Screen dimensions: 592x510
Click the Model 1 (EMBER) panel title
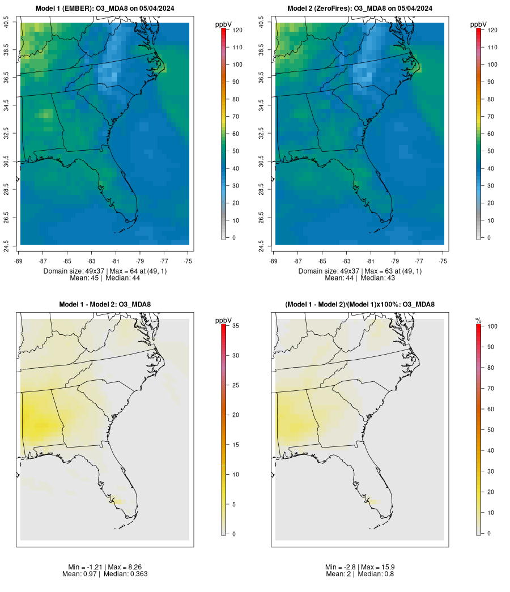(105, 8)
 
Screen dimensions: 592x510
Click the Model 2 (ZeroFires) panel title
(360, 8)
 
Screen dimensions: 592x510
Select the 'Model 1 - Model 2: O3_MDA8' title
(105, 305)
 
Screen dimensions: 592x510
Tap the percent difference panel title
(360, 305)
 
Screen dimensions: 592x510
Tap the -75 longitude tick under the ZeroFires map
(443, 261)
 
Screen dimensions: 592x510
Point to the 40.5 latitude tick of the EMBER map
(6, 23)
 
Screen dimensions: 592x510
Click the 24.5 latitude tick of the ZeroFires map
(261, 244)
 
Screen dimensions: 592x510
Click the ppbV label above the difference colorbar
(224, 321)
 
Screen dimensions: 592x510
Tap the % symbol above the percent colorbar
(478, 321)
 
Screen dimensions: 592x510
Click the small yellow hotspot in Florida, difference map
(117, 501)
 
